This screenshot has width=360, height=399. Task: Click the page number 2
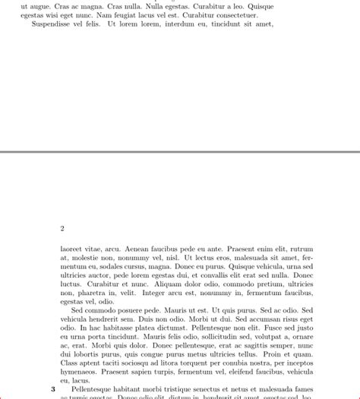[62, 228]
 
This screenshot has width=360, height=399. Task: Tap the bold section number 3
[53, 388]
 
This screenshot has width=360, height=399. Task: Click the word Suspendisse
[54, 24]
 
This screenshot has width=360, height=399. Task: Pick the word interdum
[177, 24]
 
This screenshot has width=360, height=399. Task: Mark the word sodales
[116, 266]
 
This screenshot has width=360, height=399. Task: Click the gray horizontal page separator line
[180, 152]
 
